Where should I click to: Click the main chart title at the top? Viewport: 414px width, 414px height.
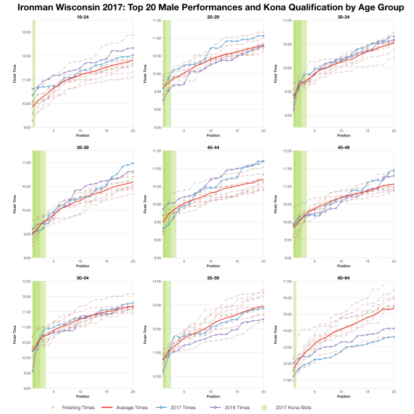(207, 7)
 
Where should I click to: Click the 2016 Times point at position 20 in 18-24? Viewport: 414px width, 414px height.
(133, 48)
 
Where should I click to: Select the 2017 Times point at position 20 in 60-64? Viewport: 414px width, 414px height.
(394, 337)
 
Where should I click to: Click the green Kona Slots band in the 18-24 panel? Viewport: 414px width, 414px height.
(34, 76)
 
